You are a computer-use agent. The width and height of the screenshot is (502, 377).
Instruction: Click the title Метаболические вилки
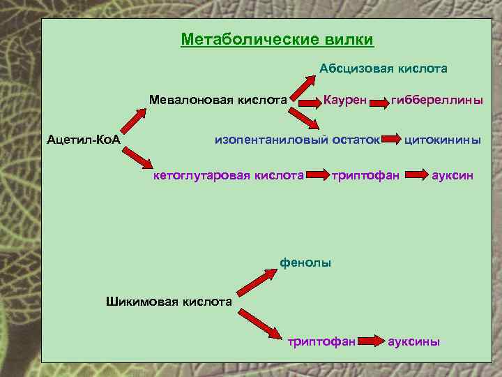pos(277,39)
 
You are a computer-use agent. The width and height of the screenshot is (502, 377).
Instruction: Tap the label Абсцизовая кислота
pos(383,68)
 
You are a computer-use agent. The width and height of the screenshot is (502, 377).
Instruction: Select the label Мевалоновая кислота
pos(219,100)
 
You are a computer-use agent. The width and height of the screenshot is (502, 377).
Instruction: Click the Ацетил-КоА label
pos(84,140)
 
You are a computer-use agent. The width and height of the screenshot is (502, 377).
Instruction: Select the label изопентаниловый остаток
pos(296,139)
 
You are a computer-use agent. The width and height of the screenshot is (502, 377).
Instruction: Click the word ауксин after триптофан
pos(452,175)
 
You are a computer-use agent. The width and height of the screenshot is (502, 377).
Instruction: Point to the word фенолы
pos(305,263)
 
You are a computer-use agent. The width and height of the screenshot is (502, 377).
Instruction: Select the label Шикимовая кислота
pos(168,302)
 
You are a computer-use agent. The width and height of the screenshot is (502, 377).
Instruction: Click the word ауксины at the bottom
pos(413,341)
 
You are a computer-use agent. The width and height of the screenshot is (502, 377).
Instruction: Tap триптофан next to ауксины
pos(322,341)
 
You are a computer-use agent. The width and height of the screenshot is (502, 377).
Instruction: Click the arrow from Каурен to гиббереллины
pos(379,103)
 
